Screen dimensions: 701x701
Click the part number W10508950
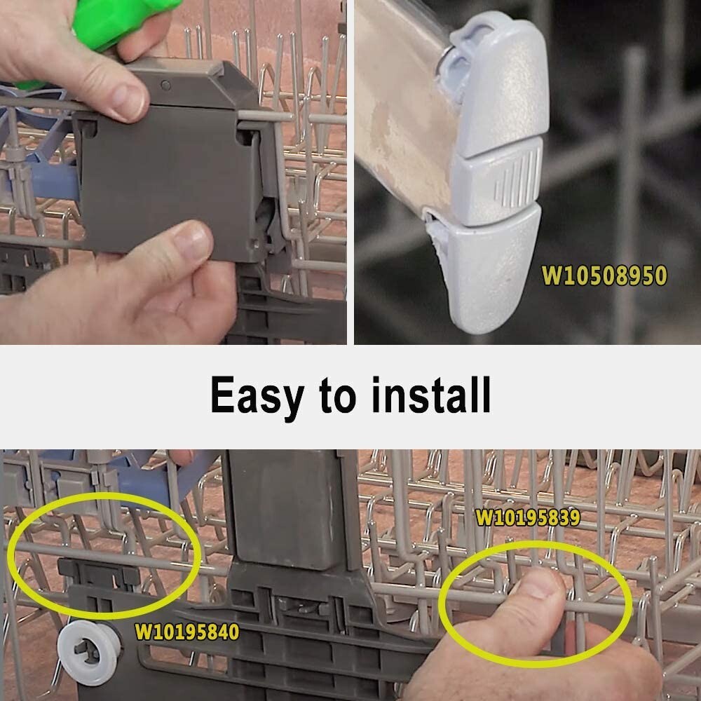[604, 275]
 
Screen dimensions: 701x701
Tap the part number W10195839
[528, 517]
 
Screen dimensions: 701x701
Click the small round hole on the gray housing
[165, 85]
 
